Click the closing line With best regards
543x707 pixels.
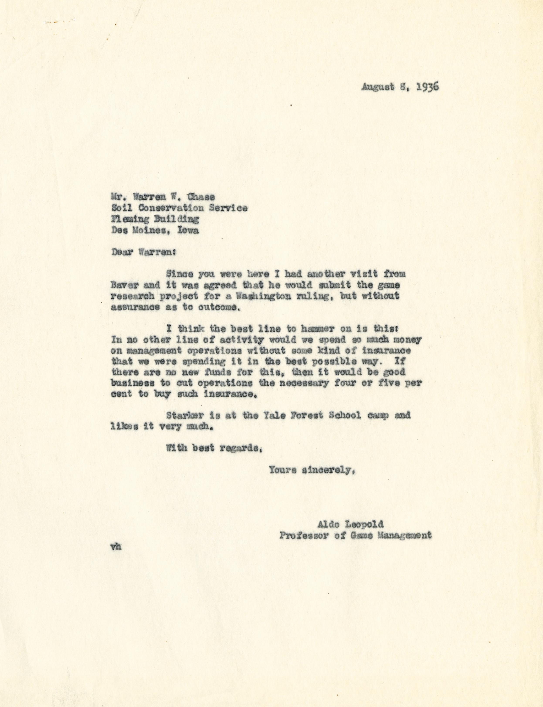click(213, 448)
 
